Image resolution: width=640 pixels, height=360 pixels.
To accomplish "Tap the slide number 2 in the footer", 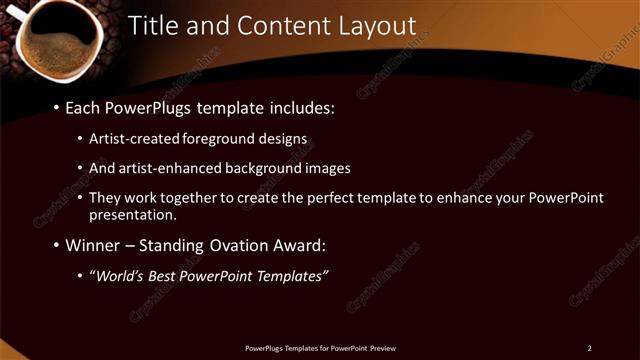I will click(x=589, y=348).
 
